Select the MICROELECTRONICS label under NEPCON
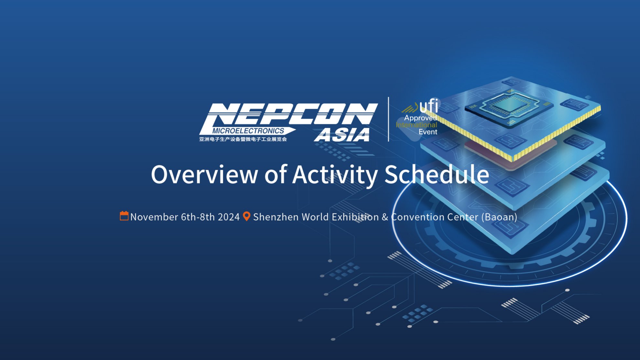point(248,131)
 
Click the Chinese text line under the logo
point(243,139)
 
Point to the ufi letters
point(428,106)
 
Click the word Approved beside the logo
point(420,118)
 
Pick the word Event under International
point(428,132)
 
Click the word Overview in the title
point(204,175)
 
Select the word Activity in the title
point(335,175)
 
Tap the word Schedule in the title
point(437,175)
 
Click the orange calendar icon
point(124,216)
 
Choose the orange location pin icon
point(246,216)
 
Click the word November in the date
point(154,217)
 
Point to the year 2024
point(229,217)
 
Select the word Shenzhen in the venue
point(276,217)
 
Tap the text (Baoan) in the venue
point(499,217)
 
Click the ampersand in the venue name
point(385,217)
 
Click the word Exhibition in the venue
point(355,217)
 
